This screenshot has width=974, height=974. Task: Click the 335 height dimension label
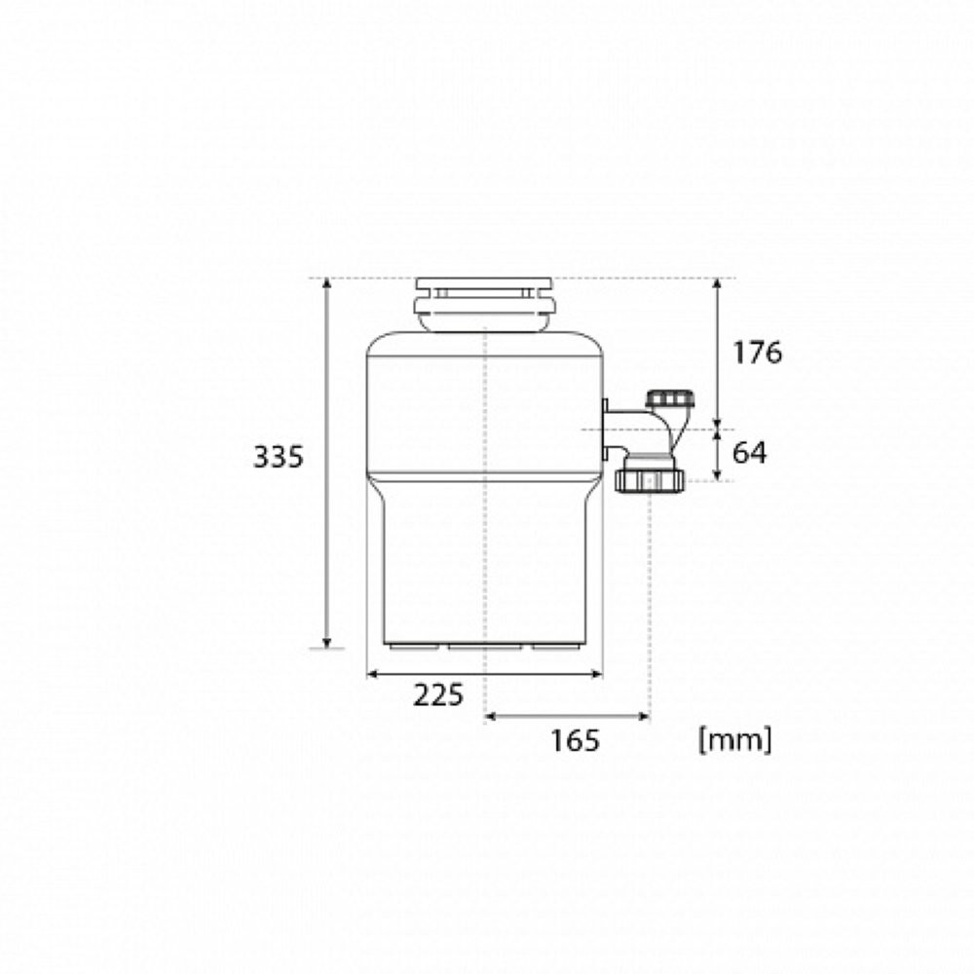tap(279, 457)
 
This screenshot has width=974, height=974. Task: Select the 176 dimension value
tap(757, 353)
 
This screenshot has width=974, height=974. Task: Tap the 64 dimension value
tap(749, 453)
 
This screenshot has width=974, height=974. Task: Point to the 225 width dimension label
tap(438, 695)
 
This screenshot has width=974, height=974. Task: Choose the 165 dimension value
tap(576, 740)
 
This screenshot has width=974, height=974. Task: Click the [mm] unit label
tap(735, 740)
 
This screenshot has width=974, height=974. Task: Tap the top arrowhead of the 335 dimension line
tap(327, 283)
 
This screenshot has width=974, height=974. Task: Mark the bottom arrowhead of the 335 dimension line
tap(327, 642)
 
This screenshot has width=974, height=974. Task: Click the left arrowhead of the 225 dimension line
tap(373, 674)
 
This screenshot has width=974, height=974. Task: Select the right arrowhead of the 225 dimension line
tap(597, 674)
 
